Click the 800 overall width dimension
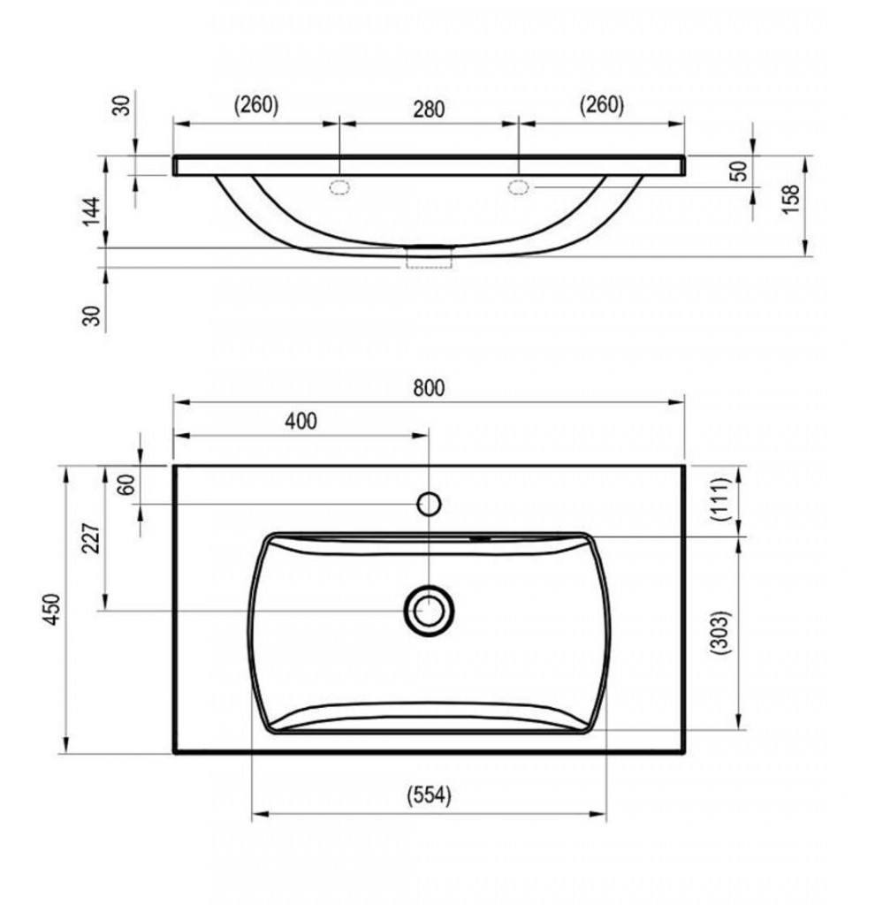(x=429, y=388)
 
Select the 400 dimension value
(x=301, y=421)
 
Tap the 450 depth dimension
(x=52, y=608)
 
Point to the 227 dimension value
(x=92, y=538)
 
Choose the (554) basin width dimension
(x=429, y=795)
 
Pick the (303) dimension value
(x=719, y=632)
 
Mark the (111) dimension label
(x=721, y=499)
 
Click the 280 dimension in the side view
(x=429, y=109)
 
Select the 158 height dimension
(x=790, y=199)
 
